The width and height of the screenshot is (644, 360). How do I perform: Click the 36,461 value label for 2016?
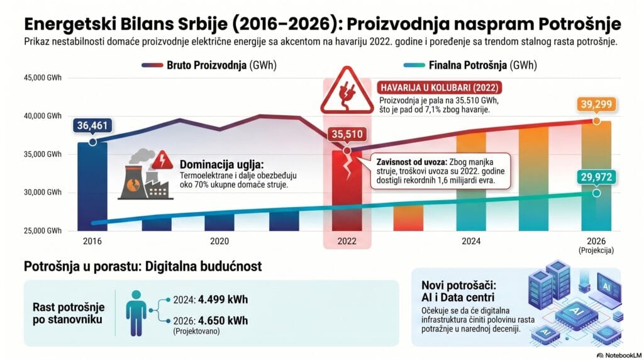click(92, 126)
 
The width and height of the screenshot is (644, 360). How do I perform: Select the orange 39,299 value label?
click(596, 105)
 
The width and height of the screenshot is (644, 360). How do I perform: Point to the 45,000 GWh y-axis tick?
click(43, 79)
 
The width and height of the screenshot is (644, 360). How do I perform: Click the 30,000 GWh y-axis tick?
click(43, 192)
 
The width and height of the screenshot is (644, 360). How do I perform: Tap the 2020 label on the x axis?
click(219, 241)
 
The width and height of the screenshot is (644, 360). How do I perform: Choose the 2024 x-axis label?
click(471, 241)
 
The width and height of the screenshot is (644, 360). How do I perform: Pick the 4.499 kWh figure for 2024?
click(216, 300)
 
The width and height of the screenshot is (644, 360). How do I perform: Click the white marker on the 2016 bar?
click(92, 142)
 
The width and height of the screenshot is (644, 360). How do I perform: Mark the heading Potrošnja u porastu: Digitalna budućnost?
click(143, 266)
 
